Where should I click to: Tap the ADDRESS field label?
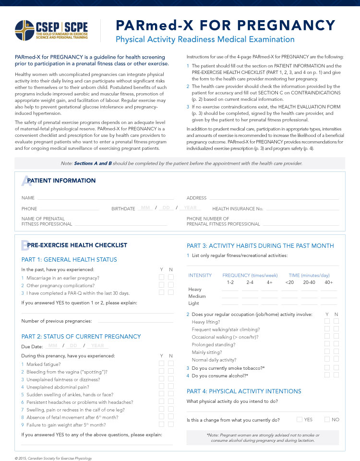tap(196, 198)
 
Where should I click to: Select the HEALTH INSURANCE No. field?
tap(302, 209)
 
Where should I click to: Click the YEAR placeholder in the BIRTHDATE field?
tap(191, 208)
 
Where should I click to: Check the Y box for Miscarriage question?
tap(162, 278)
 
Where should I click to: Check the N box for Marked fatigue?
tap(171, 364)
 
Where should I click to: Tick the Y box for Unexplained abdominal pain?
tap(162, 387)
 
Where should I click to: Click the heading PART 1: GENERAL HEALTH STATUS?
tap(69, 260)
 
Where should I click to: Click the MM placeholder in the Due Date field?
tap(53, 346)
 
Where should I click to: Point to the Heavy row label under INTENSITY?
tap(195, 290)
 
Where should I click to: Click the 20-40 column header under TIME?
tap(309, 282)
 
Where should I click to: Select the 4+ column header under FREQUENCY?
tap(270, 282)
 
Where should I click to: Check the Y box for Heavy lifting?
tap(327, 322)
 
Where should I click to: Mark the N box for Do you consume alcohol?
tap(336, 375)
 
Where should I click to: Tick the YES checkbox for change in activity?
tap(300, 420)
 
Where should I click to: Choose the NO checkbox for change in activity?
tap(327, 420)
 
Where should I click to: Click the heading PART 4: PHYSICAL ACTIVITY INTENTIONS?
tap(244, 391)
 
